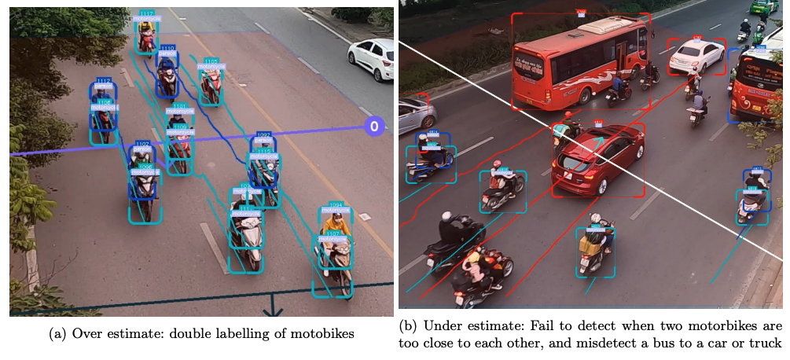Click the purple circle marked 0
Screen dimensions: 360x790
pos(374,126)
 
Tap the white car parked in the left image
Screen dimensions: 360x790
pos(370,57)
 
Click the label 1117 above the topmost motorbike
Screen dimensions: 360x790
pos(146,13)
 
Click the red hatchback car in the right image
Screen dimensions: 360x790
pos(598,160)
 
